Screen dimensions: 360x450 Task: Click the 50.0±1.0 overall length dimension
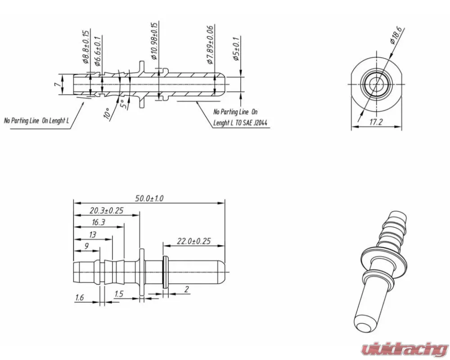pos(149,198)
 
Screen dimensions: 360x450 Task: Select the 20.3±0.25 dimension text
pos(107,210)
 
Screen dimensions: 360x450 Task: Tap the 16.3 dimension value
pos(99,222)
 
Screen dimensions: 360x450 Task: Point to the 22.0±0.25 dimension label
pos(193,241)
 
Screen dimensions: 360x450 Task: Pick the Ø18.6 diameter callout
pos(398,35)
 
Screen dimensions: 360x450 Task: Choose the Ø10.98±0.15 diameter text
pos(154,41)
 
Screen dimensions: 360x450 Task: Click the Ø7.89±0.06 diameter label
pos(210,45)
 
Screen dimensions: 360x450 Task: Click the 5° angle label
pos(122,104)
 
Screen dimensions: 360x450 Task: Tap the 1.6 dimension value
pos(80,297)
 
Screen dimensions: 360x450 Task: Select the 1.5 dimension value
pos(119,294)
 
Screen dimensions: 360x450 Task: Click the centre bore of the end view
pos(375,84)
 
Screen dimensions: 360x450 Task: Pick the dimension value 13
pos(92,234)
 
